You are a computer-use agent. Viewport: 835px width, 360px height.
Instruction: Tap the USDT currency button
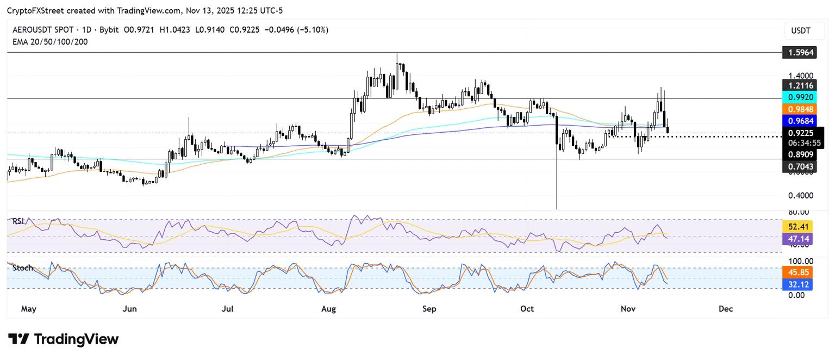tap(800, 31)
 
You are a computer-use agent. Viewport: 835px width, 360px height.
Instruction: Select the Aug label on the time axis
tap(328, 309)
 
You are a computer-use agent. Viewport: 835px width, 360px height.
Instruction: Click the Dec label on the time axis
tap(725, 309)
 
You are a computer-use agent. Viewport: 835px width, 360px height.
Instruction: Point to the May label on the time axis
tap(28, 309)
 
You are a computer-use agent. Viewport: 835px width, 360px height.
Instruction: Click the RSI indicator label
tap(19, 221)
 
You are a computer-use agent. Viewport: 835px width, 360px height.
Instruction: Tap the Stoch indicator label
tap(22, 268)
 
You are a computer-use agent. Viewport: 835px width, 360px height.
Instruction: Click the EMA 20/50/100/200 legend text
tap(50, 41)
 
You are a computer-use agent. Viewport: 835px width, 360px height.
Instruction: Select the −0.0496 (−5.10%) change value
tap(297, 30)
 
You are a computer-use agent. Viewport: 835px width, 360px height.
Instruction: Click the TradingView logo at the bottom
tap(64, 339)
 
